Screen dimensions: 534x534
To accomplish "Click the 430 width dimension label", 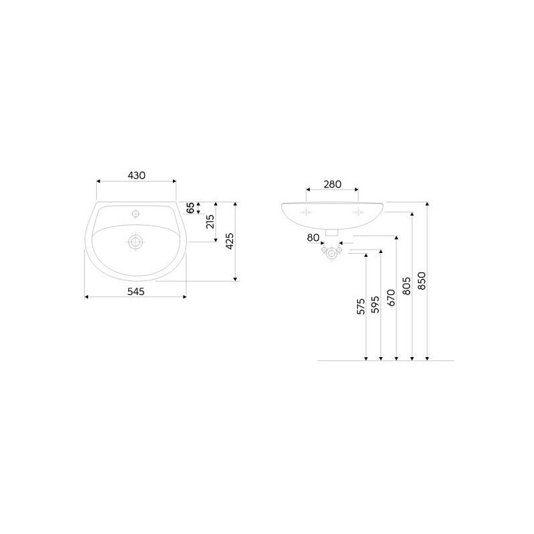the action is [136, 176].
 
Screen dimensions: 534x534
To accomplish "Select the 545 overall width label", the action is [136, 292].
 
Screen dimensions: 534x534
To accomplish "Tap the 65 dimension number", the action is [191, 208].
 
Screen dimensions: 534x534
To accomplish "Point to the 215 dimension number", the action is [210, 222].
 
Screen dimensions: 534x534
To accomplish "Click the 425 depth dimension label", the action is [230, 241].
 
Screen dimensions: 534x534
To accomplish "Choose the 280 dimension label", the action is [332, 184].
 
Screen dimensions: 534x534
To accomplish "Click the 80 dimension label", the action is [313, 238].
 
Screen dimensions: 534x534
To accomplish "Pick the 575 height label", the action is [360, 306].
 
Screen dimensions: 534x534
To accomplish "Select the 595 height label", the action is [375, 304].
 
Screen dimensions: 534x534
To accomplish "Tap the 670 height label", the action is [391, 297].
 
